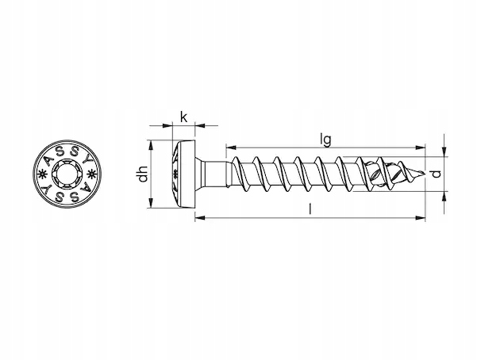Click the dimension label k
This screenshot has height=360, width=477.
point(183,117)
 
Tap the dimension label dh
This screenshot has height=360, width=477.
point(143,174)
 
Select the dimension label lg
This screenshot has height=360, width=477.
point(326,140)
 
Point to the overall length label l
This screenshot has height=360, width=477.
point(310,209)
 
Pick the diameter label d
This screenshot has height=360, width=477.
point(437,174)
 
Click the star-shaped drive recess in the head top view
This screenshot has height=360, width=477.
point(67,174)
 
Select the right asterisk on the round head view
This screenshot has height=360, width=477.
point(91,174)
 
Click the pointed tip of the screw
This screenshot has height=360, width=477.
point(424,174)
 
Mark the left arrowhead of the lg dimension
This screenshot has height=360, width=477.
point(231,147)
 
